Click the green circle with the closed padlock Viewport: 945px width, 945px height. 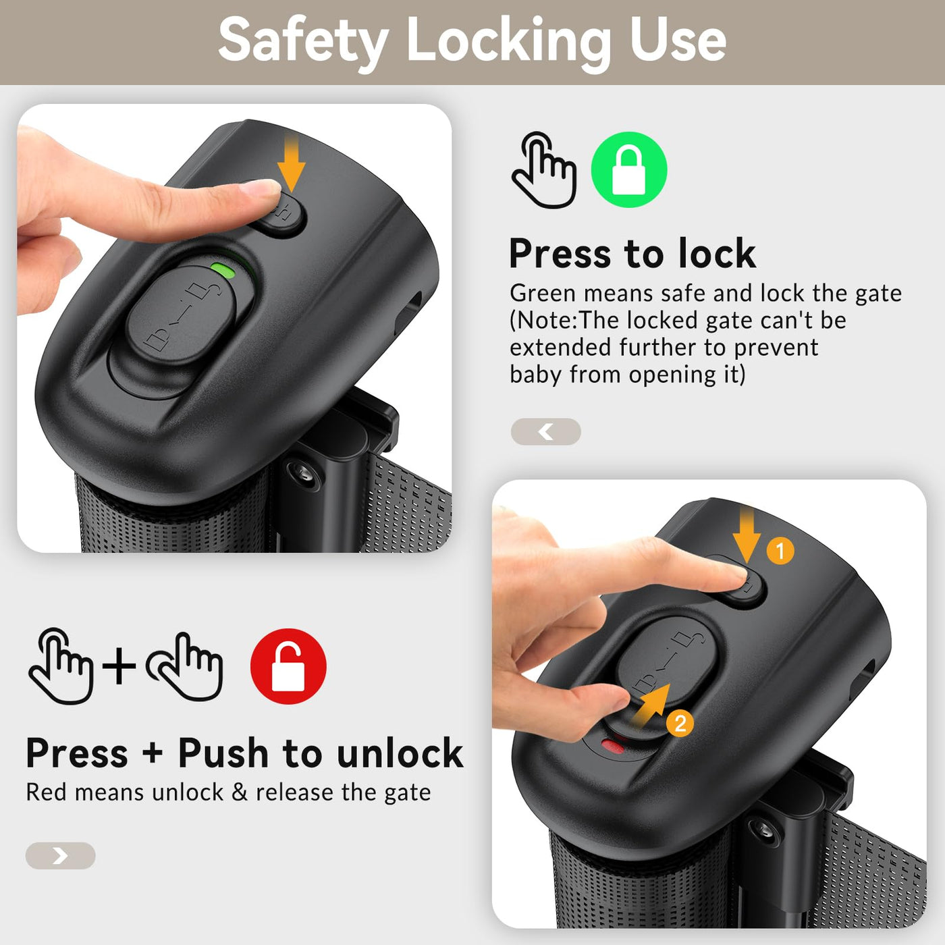click(629, 169)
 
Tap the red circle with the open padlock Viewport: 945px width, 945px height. click(288, 666)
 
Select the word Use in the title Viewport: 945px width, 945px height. click(678, 40)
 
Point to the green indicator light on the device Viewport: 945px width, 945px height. click(223, 269)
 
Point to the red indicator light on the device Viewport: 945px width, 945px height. click(613, 747)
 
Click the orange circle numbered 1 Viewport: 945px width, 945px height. click(780, 551)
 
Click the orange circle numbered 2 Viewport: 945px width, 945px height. click(680, 724)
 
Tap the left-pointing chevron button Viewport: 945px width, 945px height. click(546, 432)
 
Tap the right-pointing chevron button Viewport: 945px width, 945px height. click(60, 856)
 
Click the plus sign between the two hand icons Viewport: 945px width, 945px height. click(119, 666)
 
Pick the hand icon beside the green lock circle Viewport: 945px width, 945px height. click(544, 170)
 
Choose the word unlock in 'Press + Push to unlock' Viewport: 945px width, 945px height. click(400, 753)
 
